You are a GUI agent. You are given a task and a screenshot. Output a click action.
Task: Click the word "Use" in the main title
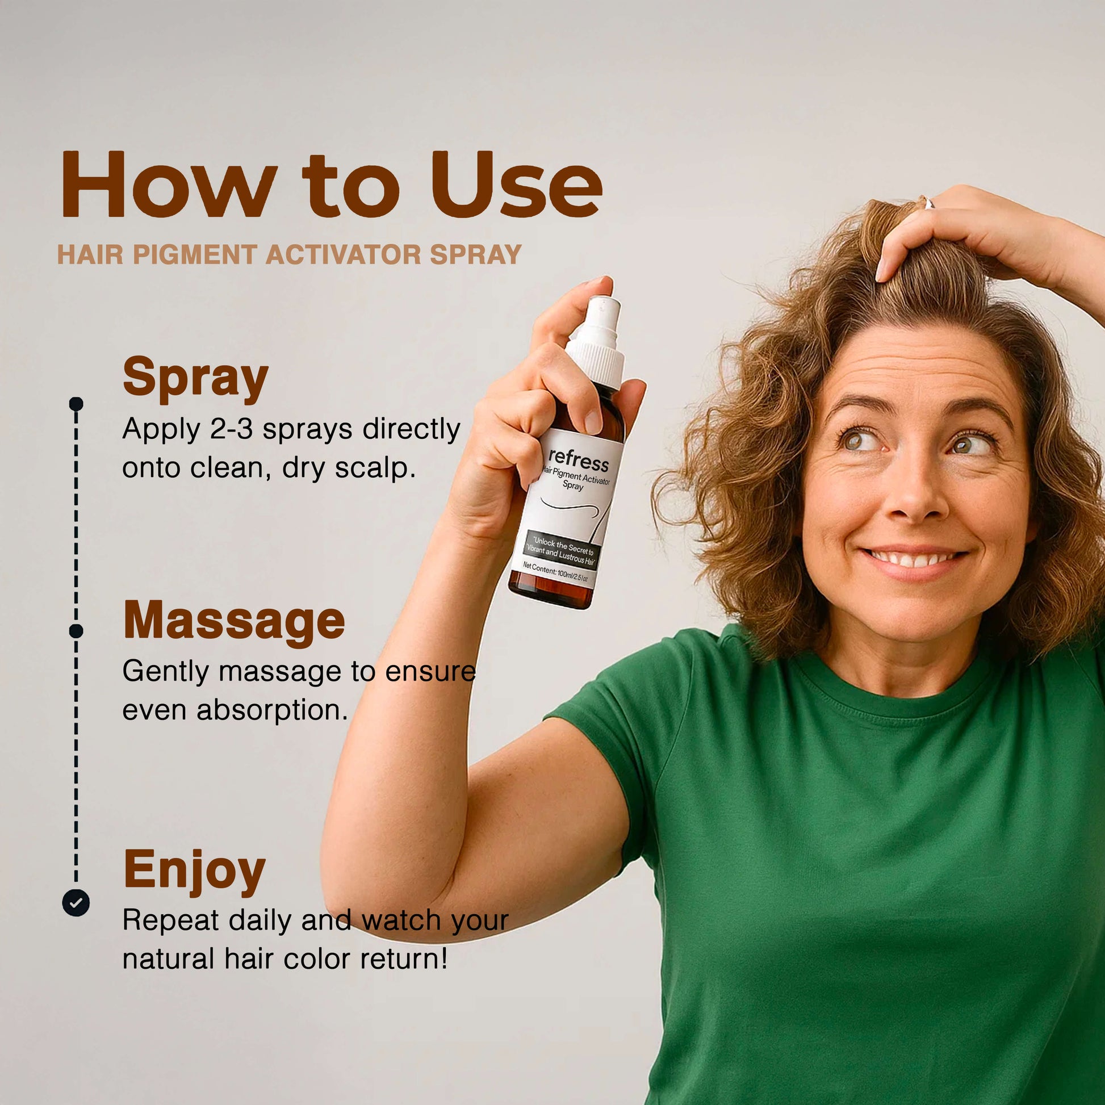tap(517, 184)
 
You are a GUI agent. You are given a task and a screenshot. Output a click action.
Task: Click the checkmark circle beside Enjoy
tap(76, 903)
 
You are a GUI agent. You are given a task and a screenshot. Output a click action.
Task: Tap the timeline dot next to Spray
tap(76, 404)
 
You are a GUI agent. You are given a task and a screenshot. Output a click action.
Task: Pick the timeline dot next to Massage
tap(76, 631)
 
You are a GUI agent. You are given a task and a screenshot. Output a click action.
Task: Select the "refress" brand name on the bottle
tap(579, 459)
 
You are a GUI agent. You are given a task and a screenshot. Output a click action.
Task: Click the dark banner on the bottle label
tap(561, 550)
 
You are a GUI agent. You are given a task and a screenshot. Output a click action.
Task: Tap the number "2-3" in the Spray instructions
tap(232, 429)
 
